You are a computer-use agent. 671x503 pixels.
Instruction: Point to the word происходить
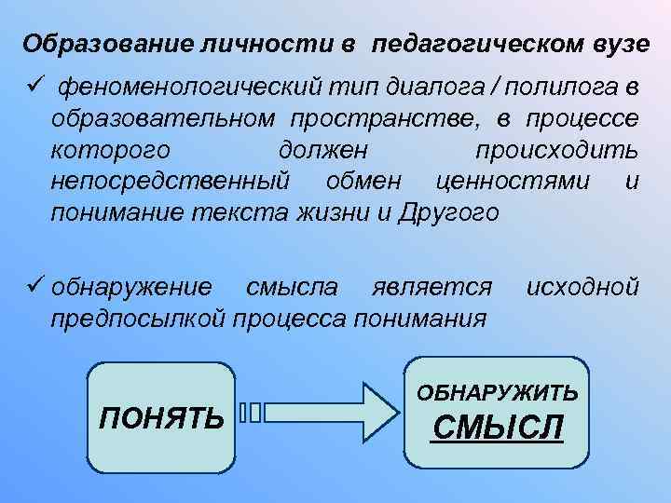[x=557, y=150]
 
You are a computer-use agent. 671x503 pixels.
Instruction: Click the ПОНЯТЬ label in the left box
[x=161, y=415]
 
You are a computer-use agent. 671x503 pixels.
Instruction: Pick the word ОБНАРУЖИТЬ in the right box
[x=498, y=392]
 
